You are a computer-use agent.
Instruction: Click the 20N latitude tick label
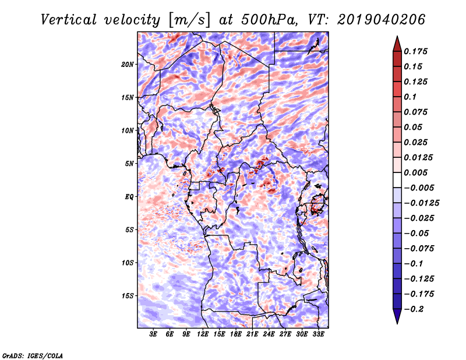(x=128, y=64)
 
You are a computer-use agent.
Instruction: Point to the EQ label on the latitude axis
(x=129, y=197)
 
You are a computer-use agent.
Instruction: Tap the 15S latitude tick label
(x=128, y=296)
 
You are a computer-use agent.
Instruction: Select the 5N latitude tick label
(x=129, y=164)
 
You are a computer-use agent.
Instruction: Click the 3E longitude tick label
(x=154, y=335)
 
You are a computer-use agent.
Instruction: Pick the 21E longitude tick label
(x=252, y=335)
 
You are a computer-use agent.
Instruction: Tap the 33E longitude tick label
(x=318, y=335)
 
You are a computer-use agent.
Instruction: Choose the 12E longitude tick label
(x=203, y=335)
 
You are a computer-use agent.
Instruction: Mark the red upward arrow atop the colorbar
(x=397, y=43)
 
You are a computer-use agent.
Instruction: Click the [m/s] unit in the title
(x=186, y=20)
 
